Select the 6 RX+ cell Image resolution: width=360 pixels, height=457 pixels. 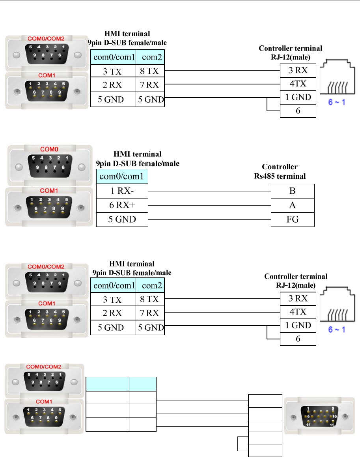pos(122,205)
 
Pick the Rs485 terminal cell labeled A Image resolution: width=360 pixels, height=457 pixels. pos(293,205)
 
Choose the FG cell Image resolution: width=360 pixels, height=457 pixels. pos(293,219)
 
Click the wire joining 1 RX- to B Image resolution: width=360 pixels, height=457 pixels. pos(209,191)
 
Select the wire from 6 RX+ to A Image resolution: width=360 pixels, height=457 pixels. pos(209,206)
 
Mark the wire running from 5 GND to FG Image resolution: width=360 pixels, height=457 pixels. pos(209,219)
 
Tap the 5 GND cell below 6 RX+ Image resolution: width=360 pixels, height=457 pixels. pos(122,219)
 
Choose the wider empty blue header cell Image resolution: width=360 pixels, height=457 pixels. pos(108,384)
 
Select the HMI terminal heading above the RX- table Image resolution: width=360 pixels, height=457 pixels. pos(138,158)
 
